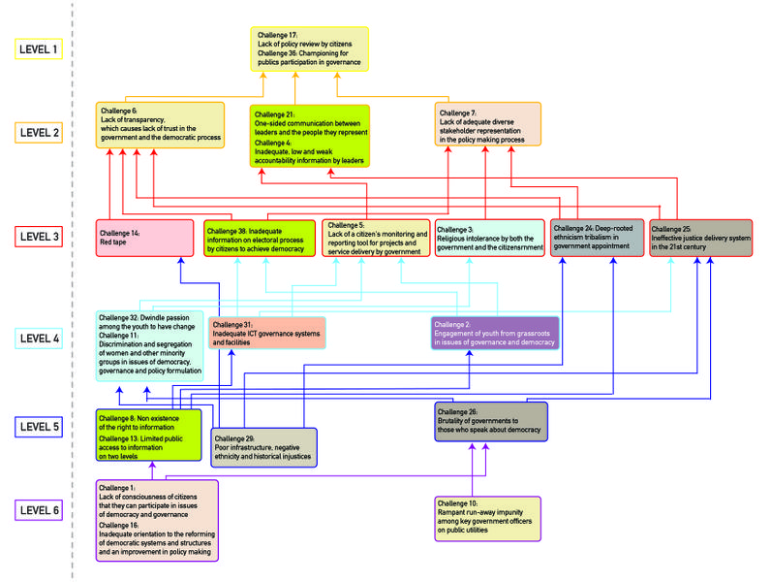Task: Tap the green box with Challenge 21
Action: [x=310, y=135]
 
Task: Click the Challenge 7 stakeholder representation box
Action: [x=486, y=125]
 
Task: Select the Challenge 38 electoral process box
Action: [x=260, y=238]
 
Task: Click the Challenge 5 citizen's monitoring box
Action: [x=376, y=238]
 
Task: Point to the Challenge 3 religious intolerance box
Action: [x=490, y=238]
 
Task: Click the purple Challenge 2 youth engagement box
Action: [x=495, y=333]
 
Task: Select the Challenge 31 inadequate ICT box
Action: [x=266, y=333]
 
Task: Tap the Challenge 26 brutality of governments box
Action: [x=490, y=421]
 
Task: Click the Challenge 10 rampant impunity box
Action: [x=487, y=518]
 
